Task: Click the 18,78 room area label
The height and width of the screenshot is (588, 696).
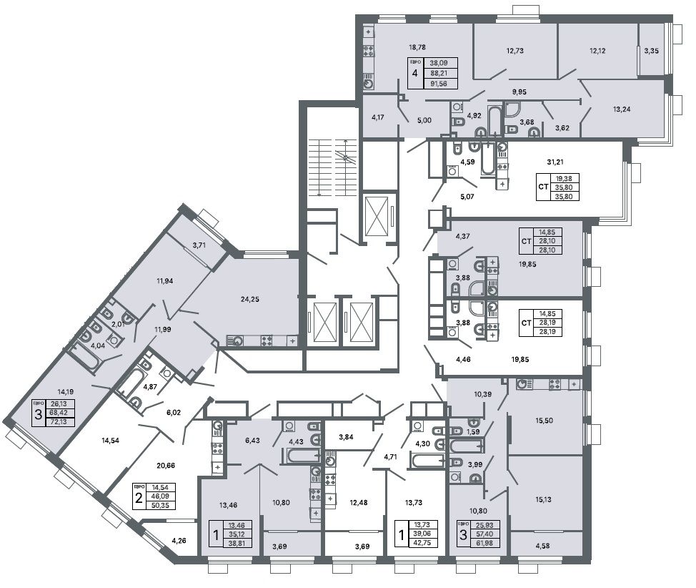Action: coord(417,46)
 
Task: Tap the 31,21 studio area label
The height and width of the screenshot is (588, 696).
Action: coord(555,162)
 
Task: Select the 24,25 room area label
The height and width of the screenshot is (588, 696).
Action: coord(250,299)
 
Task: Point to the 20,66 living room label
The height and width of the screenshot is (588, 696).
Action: coord(166,466)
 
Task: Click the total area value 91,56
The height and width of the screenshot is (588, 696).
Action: coord(439,83)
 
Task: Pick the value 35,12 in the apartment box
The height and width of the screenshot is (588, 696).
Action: coord(236,534)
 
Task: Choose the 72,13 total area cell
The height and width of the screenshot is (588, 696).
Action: coord(59,421)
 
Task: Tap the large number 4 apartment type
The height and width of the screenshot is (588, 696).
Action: coord(415,73)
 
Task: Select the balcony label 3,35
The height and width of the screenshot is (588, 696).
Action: coord(651,51)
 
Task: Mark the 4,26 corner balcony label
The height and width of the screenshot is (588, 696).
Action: coord(179,541)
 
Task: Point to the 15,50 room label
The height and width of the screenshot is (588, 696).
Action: coord(545,421)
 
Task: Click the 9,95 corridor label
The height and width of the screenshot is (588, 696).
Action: coord(519,92)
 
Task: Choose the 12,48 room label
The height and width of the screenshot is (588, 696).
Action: coord(358,503)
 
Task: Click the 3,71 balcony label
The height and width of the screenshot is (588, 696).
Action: coord(199,245)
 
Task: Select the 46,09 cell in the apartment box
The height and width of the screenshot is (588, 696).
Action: coord(160,496)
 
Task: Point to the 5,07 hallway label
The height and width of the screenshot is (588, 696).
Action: coord(467,196)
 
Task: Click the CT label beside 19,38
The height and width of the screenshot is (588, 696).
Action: coord(543,187)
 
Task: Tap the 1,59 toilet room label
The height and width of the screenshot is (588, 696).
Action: coord(474,431)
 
